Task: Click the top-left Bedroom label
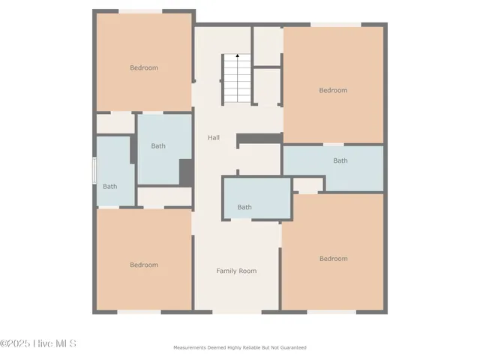point(144,68)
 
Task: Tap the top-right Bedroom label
point(333,91)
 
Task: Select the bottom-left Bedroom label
point(144,265)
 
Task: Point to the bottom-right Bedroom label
point(333,259)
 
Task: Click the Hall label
point(214,138)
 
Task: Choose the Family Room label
point(236,271)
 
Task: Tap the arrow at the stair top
point(238,55)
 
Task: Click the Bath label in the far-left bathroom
point(110,187)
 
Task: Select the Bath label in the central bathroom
point(244,208)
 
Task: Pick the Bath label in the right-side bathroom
point(340,160)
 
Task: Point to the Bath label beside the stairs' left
point(158,146)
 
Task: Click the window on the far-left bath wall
point(94,170)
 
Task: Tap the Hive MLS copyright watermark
point(38,344)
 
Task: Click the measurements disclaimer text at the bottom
point(240,348)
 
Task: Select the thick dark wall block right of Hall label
point(259,138)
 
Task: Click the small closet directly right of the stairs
point(267,84)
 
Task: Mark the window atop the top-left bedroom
point(140,10)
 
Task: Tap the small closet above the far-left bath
point(115,123)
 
